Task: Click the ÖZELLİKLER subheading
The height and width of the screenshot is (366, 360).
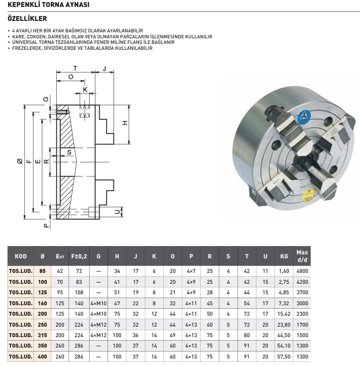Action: coord(27,18)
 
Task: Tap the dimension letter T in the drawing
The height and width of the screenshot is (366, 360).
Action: coord(75,68)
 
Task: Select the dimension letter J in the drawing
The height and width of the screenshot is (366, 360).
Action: coord(105,68)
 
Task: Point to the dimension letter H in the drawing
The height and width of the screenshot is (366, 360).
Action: coord(125,123)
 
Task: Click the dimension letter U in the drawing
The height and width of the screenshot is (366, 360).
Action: coord(117,212)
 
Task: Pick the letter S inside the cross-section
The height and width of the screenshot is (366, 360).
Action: coord(69,152)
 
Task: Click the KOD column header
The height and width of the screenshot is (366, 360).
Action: coord(21,256)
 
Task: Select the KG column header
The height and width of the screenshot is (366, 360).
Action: coord(284,256)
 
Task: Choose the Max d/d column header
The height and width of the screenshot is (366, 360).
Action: coord(302,256)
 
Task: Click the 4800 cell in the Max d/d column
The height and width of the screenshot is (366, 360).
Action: coord(302,271)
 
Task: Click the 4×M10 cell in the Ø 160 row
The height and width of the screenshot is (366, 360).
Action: coord(99,303)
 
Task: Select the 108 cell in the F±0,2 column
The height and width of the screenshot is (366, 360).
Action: coord(79,292)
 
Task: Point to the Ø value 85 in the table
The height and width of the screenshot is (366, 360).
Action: coord(42,271)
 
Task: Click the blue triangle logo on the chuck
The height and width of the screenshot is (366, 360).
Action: coord(303,116)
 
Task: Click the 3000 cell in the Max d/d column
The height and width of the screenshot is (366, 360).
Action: coord(302,303)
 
